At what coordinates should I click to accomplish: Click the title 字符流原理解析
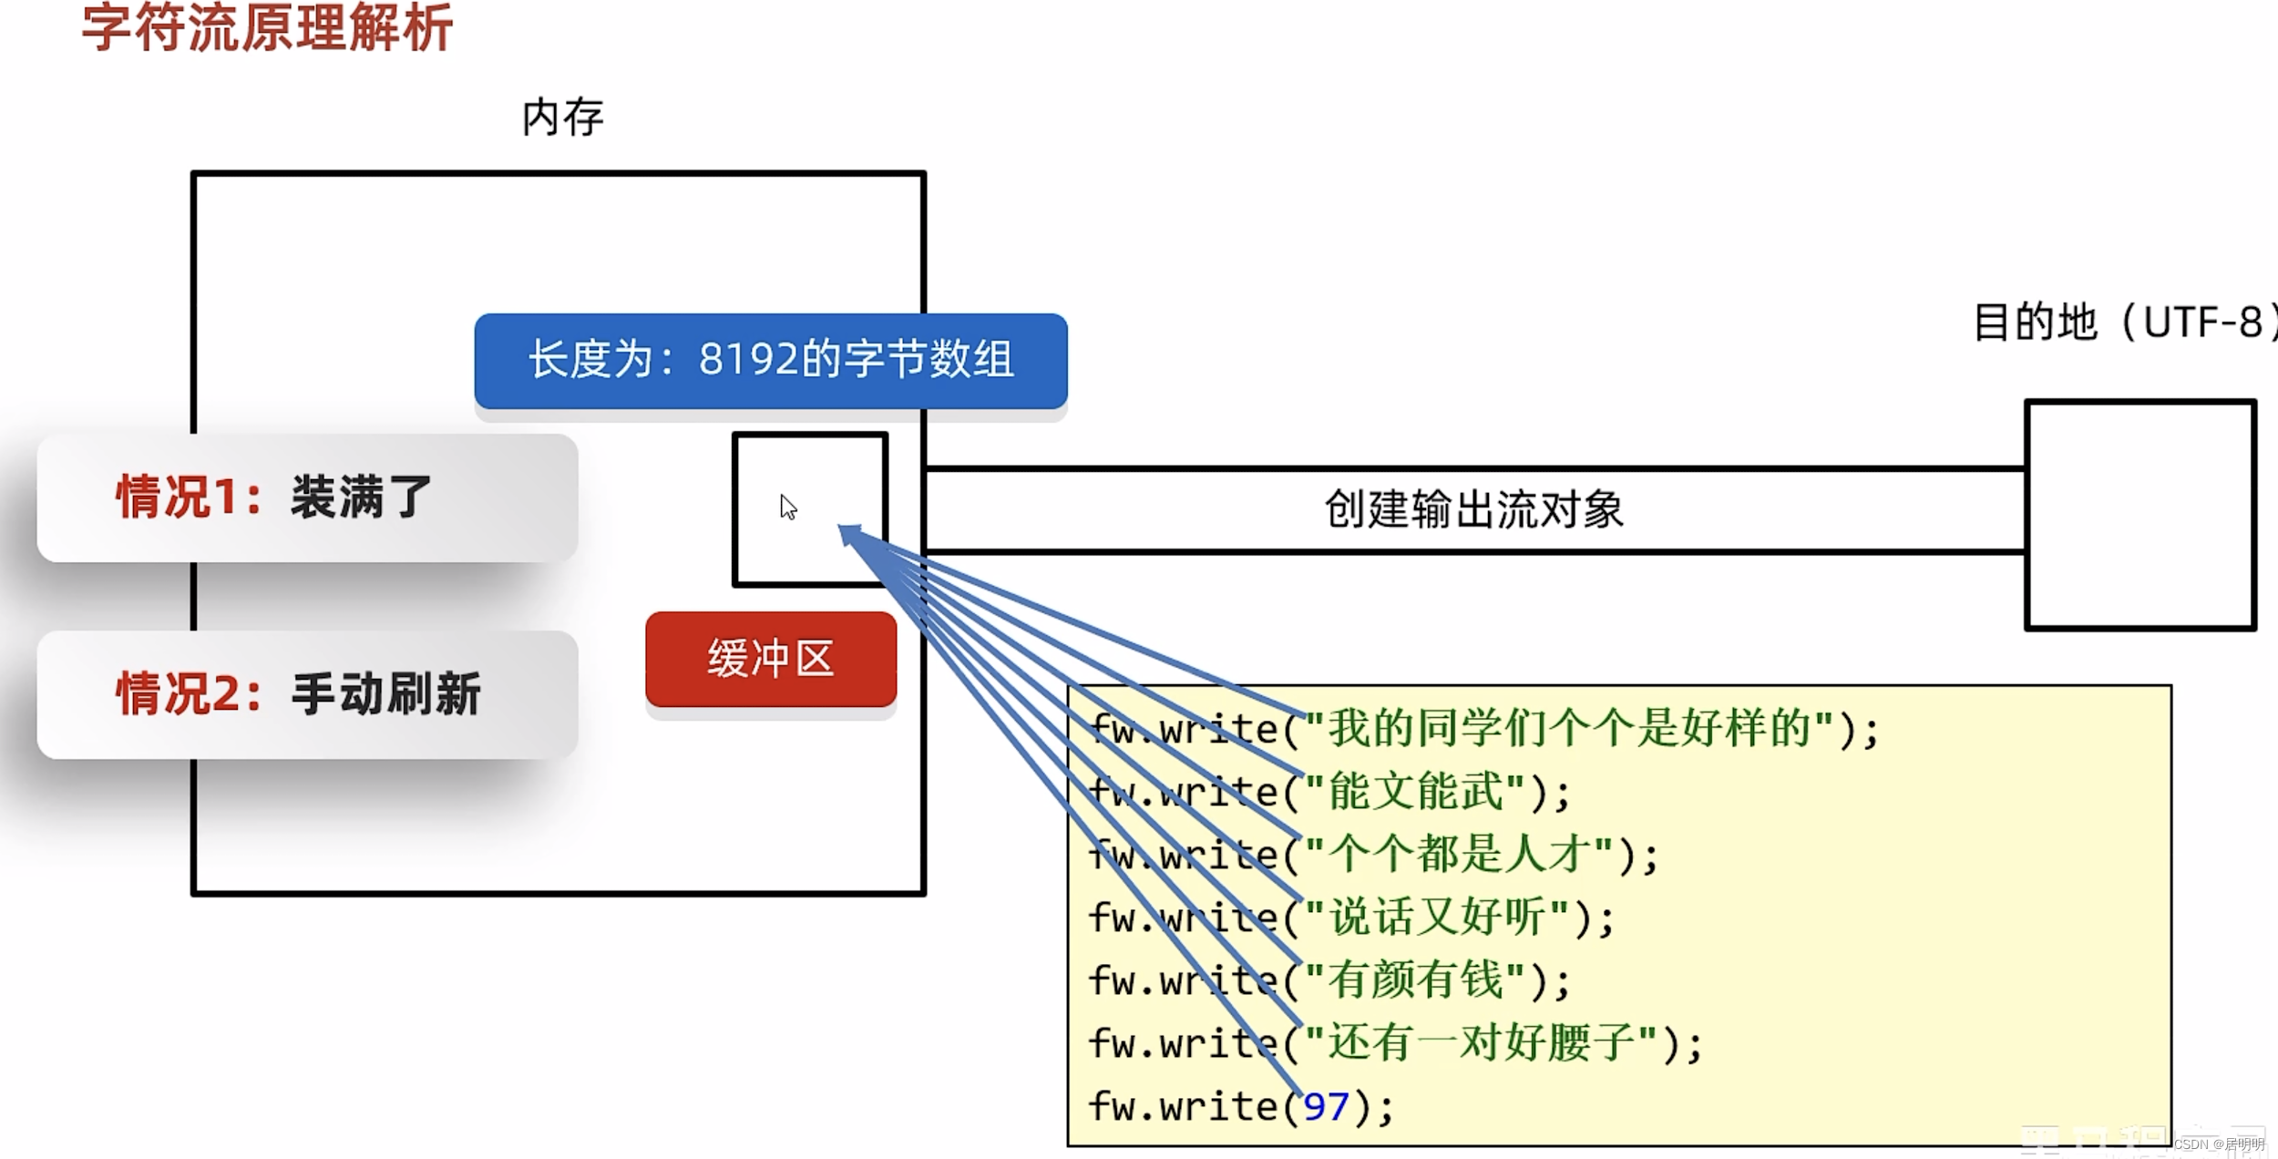point(267,27)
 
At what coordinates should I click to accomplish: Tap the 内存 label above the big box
point(562,118)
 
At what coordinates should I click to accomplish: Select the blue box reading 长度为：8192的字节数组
point(770,360)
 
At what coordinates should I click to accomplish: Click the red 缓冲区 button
point(770,658)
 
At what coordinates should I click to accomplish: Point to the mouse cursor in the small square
point(788,507)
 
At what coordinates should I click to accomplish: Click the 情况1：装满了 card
point(307,497)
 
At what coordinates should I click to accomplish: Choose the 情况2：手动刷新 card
point(307,694)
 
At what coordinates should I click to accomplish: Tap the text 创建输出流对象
point(1473,509)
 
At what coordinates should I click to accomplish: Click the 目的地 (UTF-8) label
point(2123,323)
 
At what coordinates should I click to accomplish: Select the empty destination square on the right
point(2139,515)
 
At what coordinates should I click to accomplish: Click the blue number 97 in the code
point(1326,1107)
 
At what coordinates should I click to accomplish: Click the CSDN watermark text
point(2218,1144)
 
